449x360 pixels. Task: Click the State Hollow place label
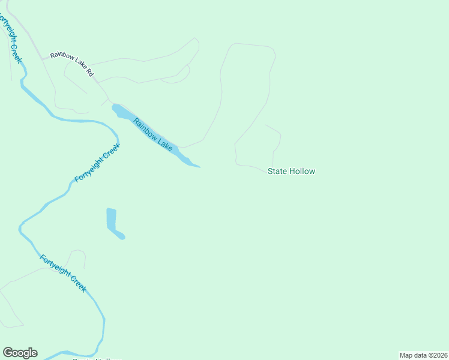pos(291,171)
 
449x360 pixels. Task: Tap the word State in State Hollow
pos(277,171)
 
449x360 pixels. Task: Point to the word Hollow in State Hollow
pos(301,171)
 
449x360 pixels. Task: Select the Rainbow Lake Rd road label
pos(72,64)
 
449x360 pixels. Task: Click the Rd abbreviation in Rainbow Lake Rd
pos(90,73)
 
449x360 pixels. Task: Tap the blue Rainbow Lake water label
pos(153,134)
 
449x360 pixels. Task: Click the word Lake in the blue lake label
pos(164,144)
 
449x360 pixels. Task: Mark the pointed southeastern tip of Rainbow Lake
pos(199,167)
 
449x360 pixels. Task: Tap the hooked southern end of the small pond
pos(122,236)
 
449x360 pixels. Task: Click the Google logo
pos(20,353)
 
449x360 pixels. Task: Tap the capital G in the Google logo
pos(8,353)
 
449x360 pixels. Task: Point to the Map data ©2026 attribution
pos(423,355)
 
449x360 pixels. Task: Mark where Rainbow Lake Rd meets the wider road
pos(42,59)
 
